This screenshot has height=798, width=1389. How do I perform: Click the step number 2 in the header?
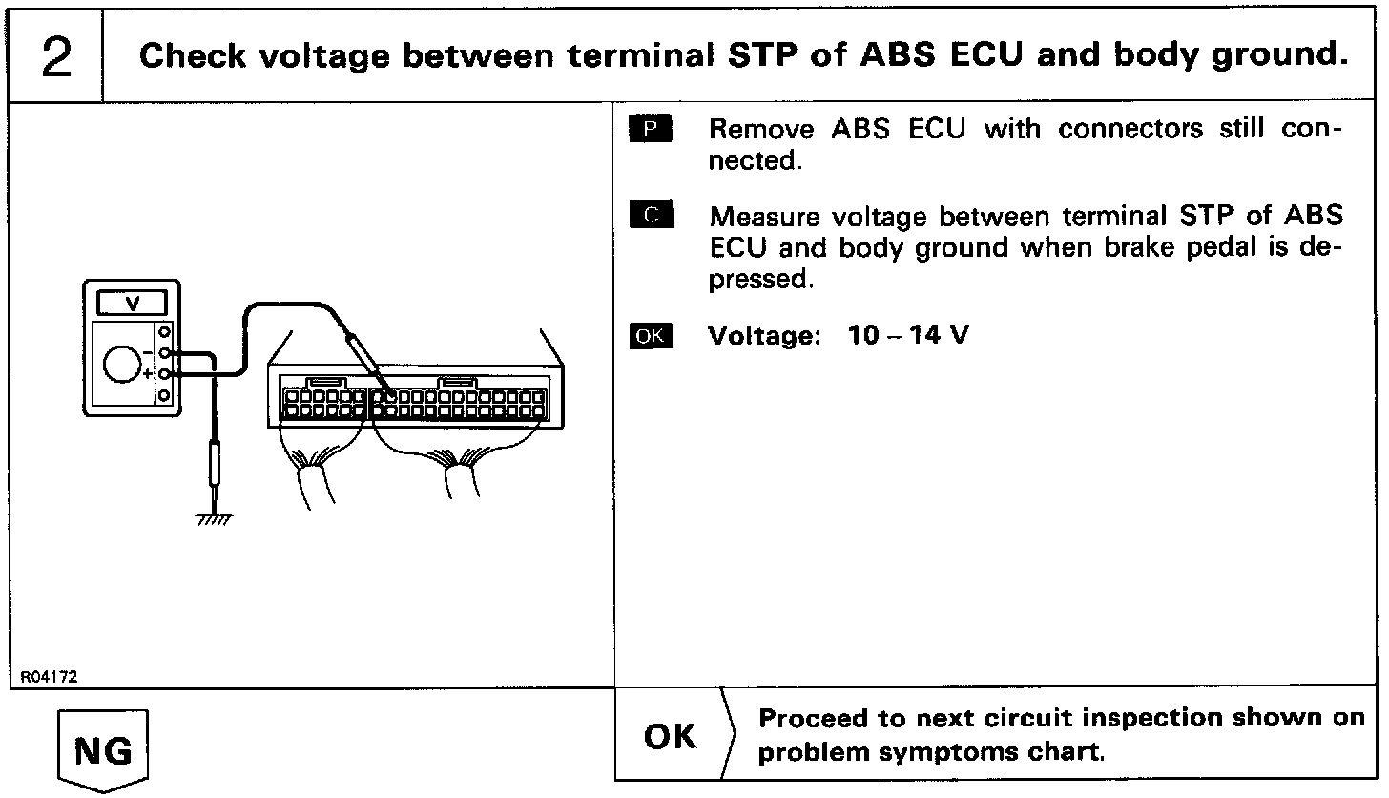coord(56,58)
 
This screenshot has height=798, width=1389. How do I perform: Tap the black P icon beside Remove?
coord(651,129)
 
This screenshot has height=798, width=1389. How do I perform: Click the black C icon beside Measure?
coord(651,216)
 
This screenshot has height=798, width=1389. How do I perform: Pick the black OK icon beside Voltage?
coord(651,336)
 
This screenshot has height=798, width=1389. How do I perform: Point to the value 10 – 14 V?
coord(908,336)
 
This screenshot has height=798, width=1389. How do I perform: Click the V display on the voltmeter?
coord(133,304)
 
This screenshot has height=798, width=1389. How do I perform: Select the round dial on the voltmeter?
coord(120,365)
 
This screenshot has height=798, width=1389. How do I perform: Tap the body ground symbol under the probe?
coord(214,518)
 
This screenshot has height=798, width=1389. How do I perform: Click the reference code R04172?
coord(49,677)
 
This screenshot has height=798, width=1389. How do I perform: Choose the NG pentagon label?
coord(103,750)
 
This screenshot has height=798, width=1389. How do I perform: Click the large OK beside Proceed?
coord(671,736)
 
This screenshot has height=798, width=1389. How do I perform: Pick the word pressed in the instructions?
coord(757,280)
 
